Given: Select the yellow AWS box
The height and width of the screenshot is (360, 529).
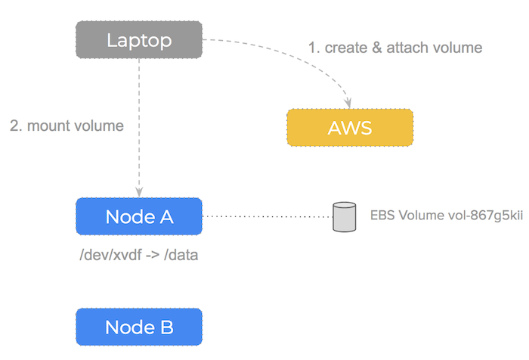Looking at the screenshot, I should [x=350, y=127].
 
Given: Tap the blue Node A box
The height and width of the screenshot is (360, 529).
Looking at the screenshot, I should [x=139, y=216].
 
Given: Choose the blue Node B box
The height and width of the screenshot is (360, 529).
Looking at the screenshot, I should [x=139, y=327].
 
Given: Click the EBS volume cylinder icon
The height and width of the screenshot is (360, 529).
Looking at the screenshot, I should [x=345, y=216].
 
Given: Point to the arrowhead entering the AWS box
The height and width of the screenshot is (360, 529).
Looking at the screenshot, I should [x=349, y=101].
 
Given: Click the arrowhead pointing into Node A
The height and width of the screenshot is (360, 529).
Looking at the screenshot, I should [x=139, y=191].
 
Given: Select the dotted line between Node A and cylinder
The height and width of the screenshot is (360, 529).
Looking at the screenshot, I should [x=268, y=216].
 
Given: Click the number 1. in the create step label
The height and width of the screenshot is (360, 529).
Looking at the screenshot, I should [x=313, y=48].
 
